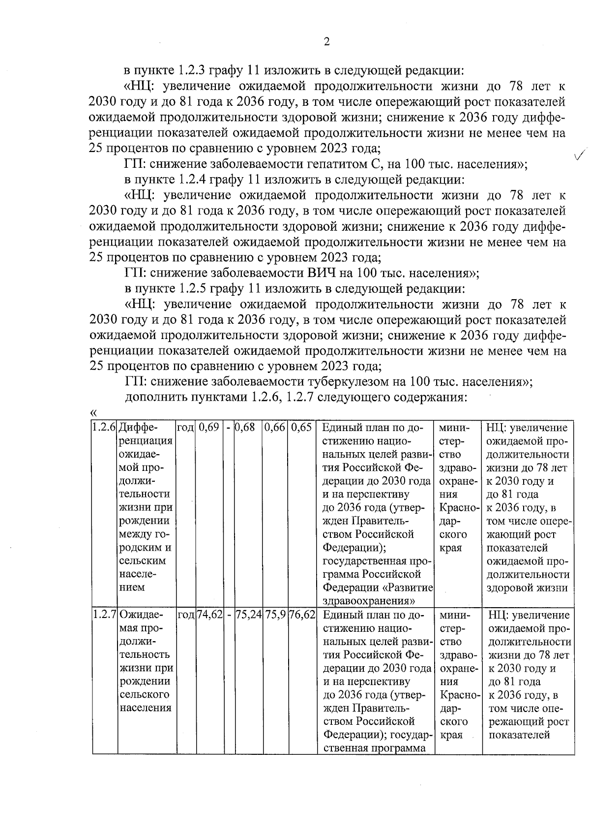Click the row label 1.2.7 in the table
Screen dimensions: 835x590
[x=104, y=615]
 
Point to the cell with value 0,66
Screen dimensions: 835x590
[x=274, y=428]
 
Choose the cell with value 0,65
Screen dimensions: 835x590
[x=301, y=428]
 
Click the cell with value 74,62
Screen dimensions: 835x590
[x=210, y=615]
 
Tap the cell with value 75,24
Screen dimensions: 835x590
[x=249, y=615]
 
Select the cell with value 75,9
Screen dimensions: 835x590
[x=275, y=615]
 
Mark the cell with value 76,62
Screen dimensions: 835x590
[x=302, y=615]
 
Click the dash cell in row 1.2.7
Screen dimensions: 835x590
[x=229, y=615]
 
